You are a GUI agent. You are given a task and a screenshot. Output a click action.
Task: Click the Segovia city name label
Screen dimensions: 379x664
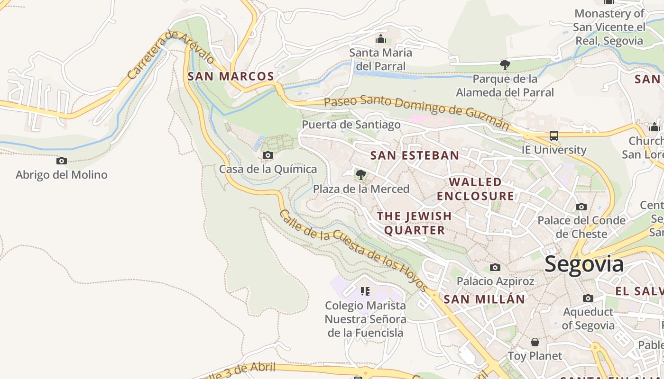(584, 264)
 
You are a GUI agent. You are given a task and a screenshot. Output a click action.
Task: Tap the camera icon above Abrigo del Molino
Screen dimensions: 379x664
(62, 161)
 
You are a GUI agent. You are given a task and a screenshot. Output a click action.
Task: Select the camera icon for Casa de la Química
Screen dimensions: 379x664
(268, 155)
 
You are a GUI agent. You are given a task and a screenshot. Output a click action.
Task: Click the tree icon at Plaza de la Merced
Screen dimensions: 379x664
(361, 175)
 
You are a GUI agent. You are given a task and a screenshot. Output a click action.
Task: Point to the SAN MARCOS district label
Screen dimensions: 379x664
(231, 76)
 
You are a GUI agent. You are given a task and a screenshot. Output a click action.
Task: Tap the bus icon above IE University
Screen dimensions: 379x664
(553, 136)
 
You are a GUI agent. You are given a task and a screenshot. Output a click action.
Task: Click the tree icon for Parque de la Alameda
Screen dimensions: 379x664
(505, 64)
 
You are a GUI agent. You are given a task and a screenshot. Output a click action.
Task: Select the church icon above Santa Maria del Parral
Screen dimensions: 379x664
(380, 39)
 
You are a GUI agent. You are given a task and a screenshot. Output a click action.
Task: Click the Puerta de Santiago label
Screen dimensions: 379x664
(351, 125)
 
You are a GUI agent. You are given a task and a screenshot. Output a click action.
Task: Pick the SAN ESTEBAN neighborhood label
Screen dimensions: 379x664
(415, 155)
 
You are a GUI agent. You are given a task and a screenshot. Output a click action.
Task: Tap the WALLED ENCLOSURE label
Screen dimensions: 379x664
(475, 189)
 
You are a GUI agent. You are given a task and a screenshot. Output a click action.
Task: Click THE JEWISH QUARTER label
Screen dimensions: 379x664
(415, 223)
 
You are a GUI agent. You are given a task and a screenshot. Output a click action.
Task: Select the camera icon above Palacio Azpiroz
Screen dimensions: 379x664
(495, 268)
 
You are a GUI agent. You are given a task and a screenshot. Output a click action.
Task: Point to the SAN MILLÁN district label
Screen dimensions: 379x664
(484, 299)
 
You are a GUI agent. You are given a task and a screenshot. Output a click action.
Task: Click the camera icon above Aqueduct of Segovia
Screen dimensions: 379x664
(588, 298)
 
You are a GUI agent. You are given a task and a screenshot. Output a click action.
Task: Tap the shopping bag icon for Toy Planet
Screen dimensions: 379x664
(535, 342)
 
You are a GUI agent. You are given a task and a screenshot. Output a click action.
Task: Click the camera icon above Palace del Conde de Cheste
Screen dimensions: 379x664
(581, 207)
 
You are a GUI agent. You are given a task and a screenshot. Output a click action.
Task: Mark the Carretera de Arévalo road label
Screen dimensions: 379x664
(171, 55)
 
